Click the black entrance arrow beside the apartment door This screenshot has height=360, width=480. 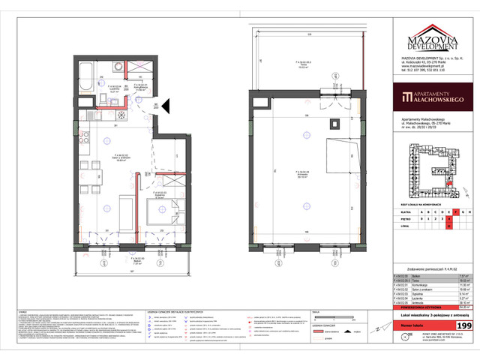tap(169, 107)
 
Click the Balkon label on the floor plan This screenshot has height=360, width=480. tap(115, 262)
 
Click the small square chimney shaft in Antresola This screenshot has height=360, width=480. tap(337, 124)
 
